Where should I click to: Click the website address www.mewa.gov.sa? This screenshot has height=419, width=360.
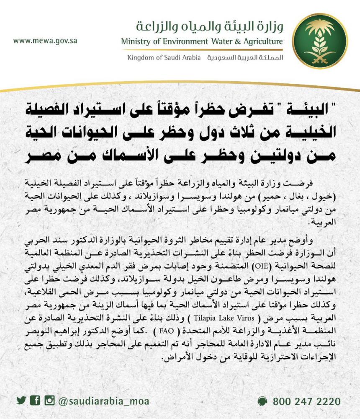(45, 41)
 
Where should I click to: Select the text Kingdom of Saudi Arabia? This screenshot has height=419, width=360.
(164, 57)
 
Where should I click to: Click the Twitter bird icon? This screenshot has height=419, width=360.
(21, 400)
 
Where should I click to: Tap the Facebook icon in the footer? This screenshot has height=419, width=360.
(36, 400)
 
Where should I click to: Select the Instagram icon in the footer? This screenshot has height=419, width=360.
(50, 400)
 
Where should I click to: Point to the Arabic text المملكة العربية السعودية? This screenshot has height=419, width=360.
(245, 57)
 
